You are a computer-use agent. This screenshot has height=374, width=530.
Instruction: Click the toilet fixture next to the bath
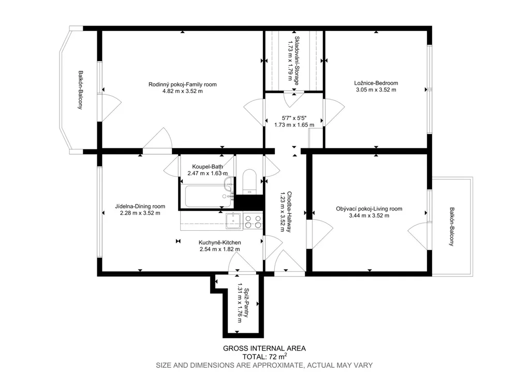tap(250, 182)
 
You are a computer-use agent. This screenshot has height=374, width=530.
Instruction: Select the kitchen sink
tap(234, 220)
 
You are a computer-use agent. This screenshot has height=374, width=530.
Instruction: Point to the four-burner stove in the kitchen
tap(253, 221)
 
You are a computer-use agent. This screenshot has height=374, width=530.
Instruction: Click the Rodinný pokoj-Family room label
tap(183, 84)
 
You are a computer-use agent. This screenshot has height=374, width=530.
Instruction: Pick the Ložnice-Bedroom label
tap(376, 83)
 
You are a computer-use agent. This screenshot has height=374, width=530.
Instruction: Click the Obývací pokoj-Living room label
tap(369, 209)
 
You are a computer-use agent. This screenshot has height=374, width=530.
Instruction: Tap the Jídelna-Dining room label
tap(140, 206)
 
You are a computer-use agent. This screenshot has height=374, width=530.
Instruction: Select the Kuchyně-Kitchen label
tap(219, 243)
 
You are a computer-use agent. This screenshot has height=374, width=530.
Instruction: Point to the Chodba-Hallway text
tap(290, 212)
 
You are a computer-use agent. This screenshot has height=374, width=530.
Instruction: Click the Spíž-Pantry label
tap(246, 303)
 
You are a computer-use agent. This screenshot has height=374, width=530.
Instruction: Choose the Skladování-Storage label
tap(297, 61)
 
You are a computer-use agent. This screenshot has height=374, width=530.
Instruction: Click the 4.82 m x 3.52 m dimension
tap(183, 91)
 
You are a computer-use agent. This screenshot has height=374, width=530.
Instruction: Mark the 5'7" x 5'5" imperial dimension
tap(294, 118)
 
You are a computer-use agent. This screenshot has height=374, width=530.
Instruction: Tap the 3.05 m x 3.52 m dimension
tap(376, 90)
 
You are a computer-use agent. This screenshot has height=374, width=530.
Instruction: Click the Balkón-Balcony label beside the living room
tap(451, 227)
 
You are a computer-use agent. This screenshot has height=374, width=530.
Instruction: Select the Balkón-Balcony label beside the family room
tap(80, 90)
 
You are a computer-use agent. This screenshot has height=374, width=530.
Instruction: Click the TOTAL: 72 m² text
tap(264, 356)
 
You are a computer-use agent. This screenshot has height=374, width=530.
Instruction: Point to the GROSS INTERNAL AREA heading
tap(264, 348)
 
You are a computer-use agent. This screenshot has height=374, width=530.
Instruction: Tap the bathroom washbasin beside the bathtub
tap(228, 184)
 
